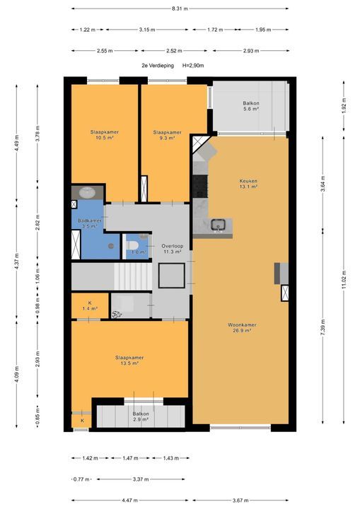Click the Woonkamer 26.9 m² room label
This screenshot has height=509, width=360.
pyautogui.click(x=242, y=327)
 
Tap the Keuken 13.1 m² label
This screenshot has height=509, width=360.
pyautogui.click(x=248, y=184)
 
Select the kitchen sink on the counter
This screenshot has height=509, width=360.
pyautogui.click(x=218, y=225)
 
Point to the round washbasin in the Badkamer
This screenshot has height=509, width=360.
pyautogui.click(x=87, y=193)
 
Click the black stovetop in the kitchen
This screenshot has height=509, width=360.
pyautogui.click(x=200, y=187)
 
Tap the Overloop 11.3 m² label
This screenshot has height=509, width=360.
pyautogui.click(x=172, y=249)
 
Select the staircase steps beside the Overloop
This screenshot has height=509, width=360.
pyautogui.click(x=133, y=276)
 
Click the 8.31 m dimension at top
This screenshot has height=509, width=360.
pyautogui.click(x=180, y=8)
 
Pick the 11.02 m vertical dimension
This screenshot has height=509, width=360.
pyautogui.click(x=344, y=279)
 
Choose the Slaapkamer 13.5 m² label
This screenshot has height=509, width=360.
pyautogui.click(x=129, y=361)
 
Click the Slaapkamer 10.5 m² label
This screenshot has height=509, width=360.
pyautogui.click(x=104, y=135)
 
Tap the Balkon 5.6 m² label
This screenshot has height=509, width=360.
pyautogui.click(x=251, y=106)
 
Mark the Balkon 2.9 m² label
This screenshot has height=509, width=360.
pyautogui.click(x=141, y=416)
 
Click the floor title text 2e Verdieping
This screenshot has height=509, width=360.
pyautogui.click(x=158, y=66)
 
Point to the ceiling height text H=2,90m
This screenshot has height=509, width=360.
pyautogui.click(x=193, y=66)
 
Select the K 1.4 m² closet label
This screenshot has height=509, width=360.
pyautogui.click(x=90, y=306)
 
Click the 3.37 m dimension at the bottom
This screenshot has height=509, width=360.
pyautogui.click(x=141, y=479)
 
